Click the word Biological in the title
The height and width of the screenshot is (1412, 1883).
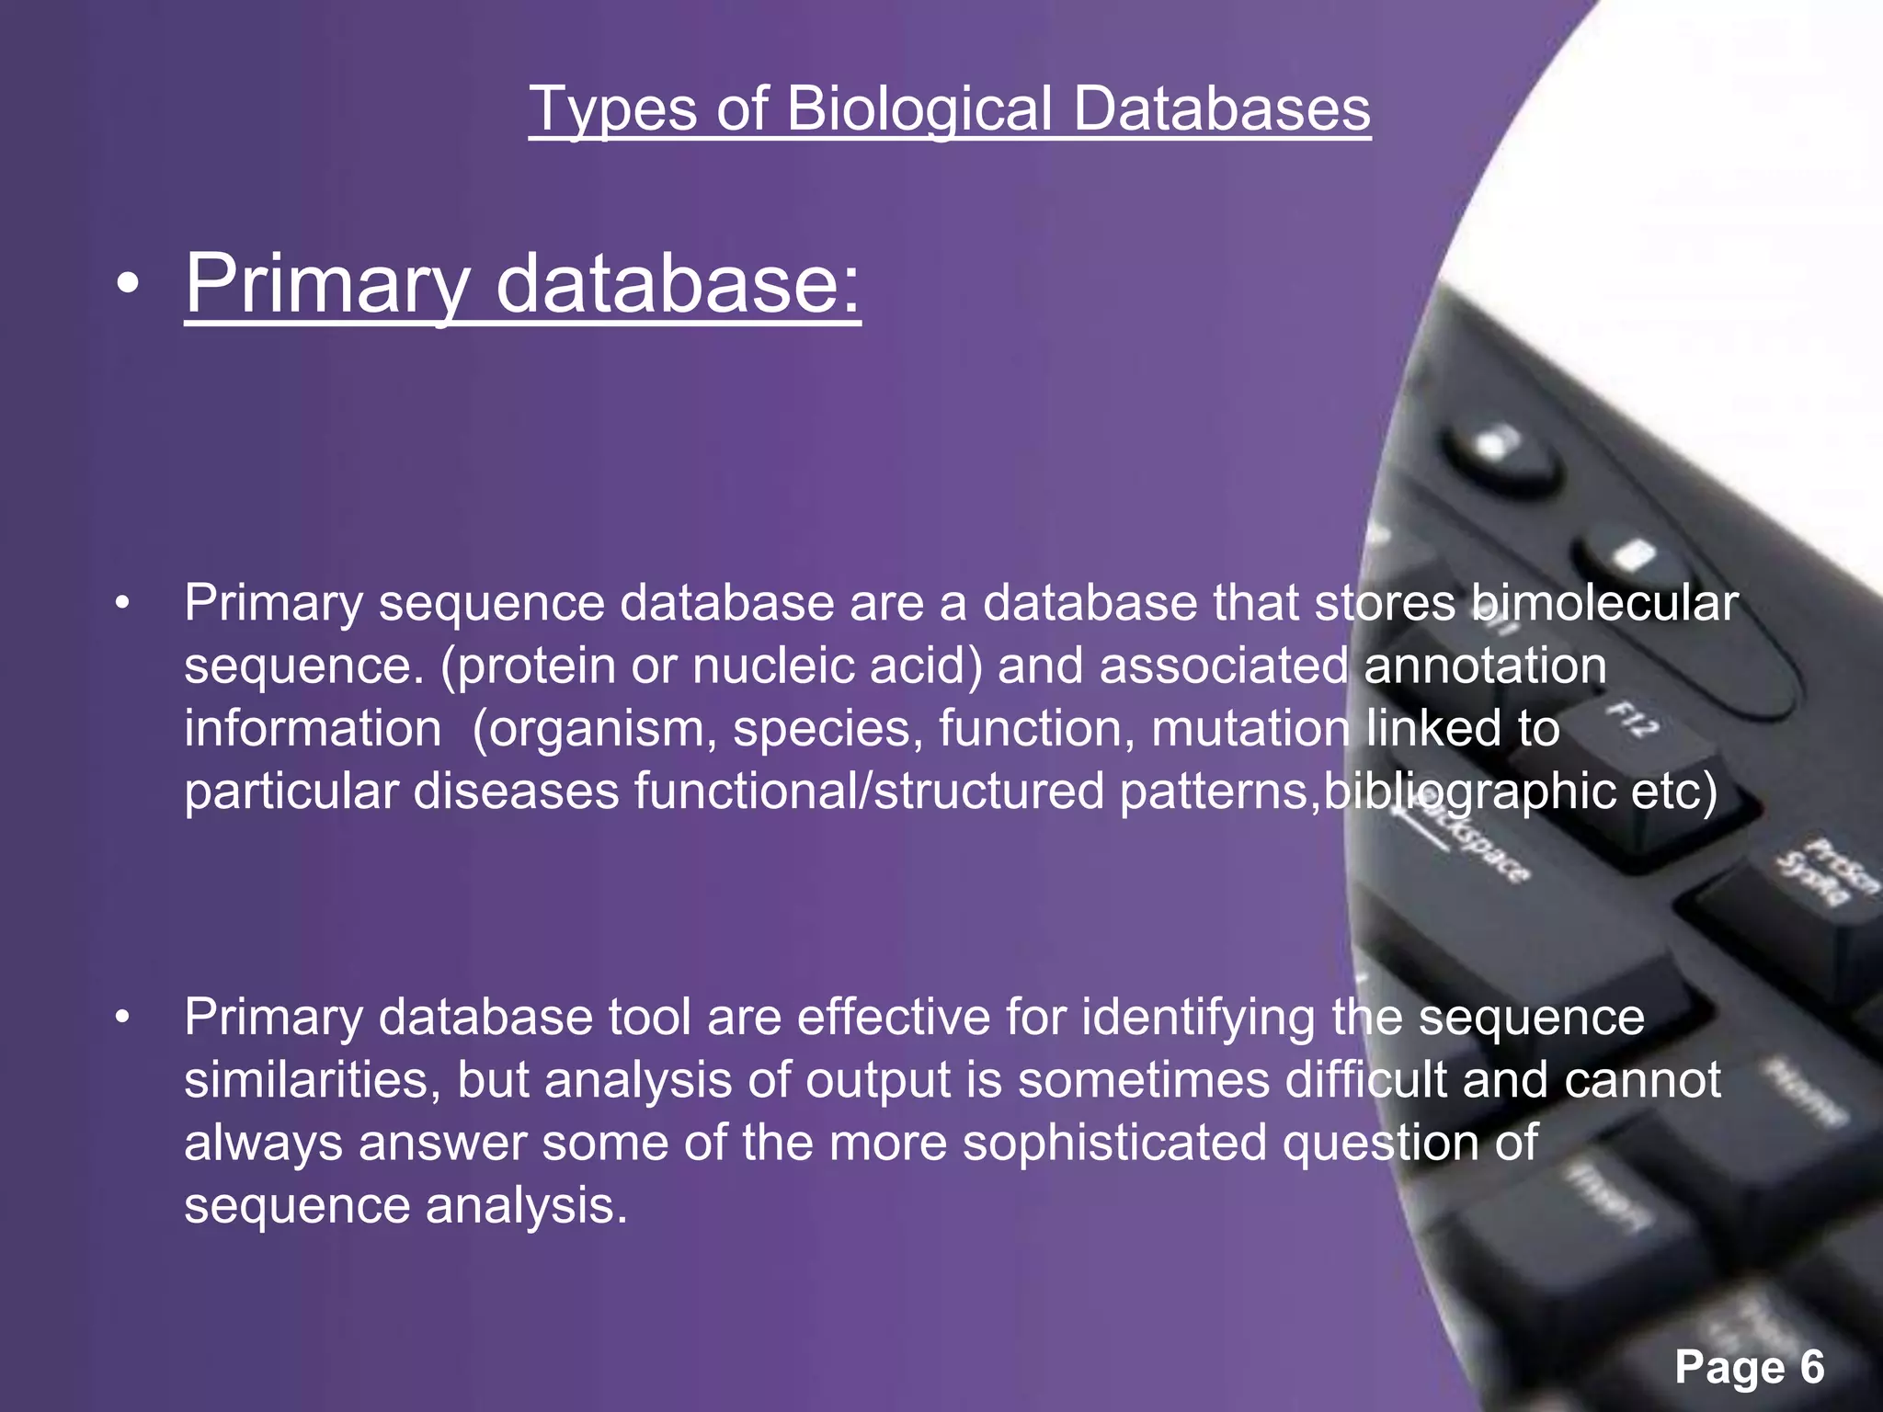click(919, 110)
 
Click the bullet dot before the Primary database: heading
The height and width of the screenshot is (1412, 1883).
click(128, 286)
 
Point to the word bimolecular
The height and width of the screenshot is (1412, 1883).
click(1603, 604)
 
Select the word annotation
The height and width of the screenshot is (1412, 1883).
click(1485, 666)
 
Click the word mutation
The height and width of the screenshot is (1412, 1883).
click(1250, 729)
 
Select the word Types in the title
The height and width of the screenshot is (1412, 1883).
click(613, 110)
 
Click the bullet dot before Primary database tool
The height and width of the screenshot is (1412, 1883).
click(123, 1019)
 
